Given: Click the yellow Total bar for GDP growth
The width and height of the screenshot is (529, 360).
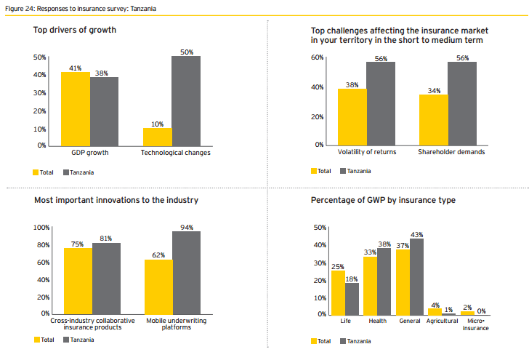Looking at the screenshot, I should point(76,108).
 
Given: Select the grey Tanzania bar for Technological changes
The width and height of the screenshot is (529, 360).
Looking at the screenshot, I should point(186,100).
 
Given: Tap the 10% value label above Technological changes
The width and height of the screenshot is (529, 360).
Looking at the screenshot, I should point(157,124).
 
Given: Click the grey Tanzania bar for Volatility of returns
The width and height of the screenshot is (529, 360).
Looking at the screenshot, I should point(381,103).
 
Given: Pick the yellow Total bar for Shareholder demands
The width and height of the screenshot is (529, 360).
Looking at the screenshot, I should point(433,119).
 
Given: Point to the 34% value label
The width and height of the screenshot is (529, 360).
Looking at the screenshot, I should point(434,90).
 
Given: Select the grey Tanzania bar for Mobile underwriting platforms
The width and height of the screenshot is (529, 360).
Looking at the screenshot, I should point(186,272).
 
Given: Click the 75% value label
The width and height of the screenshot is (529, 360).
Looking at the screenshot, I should point(78,244).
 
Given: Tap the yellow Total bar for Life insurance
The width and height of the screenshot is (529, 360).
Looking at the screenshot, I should point(339,292).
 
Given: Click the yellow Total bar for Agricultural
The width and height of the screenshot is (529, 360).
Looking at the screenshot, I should point(435,311).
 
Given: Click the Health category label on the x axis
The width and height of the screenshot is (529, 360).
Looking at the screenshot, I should point(377,321).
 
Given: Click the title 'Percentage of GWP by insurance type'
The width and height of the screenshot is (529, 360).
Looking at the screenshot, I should point(383,200).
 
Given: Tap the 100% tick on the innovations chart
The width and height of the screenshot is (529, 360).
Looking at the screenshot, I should point(41,228).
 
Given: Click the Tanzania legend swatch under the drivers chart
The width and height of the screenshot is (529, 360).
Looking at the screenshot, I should point(66,172).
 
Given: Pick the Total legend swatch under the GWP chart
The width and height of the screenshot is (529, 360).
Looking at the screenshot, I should point(314,341).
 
